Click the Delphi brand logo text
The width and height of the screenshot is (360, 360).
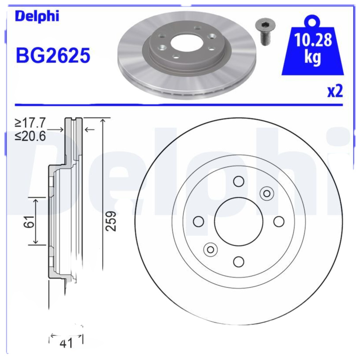tap(37, 16)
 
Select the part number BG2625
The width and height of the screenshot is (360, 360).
tap(53, 56)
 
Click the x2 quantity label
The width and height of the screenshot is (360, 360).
tap(335, 91)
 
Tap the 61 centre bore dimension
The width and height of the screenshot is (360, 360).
tap(30, 221)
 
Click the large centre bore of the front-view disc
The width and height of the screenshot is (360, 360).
tap(238, 221)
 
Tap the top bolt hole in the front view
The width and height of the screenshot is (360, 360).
tap(238, 181)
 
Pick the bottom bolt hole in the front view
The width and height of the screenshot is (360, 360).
tap(238, 261)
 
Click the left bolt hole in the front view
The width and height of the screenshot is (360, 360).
tap(198, 221)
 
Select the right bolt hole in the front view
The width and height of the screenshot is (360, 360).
tap(279, 221)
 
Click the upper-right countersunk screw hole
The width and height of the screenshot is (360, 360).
tap(266, 193)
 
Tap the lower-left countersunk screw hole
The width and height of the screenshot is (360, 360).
tap(210, 249)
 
